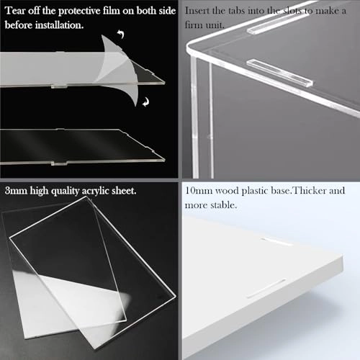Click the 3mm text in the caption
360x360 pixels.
coord(16,192)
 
